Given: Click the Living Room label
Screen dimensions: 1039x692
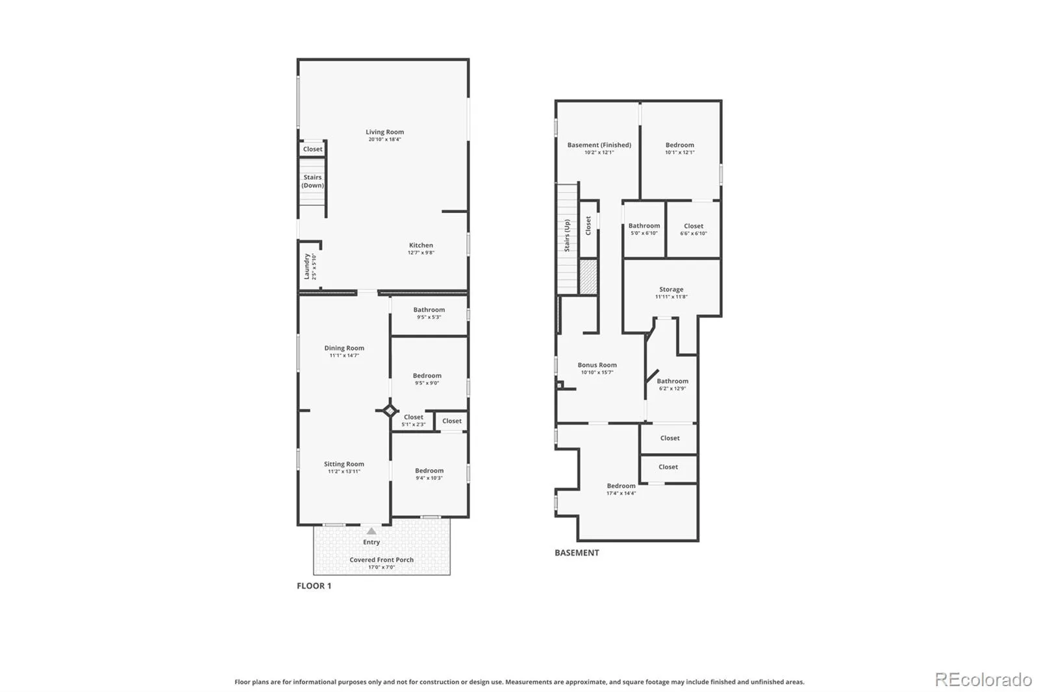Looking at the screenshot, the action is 384,132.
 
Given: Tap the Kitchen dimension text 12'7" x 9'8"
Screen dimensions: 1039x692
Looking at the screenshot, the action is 421,253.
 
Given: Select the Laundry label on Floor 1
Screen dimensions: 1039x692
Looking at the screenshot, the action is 307,266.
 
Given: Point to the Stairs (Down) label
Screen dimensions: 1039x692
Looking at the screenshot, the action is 312,181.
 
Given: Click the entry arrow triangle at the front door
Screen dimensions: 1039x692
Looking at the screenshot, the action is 371,531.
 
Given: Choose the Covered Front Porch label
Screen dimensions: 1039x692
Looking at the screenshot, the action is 381,560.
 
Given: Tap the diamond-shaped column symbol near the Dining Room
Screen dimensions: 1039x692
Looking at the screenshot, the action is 390,410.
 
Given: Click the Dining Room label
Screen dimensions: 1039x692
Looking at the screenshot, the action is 344,348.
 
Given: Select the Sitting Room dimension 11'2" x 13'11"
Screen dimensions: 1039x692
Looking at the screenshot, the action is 344,472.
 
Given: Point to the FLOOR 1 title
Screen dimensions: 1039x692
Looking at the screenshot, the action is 314,586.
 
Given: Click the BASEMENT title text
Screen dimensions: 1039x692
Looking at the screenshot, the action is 577,553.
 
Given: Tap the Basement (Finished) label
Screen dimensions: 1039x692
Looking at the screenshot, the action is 599,145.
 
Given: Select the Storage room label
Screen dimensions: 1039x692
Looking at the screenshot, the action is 671,290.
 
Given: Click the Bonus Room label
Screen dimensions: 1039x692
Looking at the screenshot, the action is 597,365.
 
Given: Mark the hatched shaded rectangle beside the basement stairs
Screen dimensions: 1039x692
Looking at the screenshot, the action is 588,277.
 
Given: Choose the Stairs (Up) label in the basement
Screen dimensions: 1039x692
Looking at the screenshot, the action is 567,236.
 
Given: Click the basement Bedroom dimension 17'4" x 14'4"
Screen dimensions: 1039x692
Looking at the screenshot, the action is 621,493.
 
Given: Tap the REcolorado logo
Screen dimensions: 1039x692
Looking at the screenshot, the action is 983,680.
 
